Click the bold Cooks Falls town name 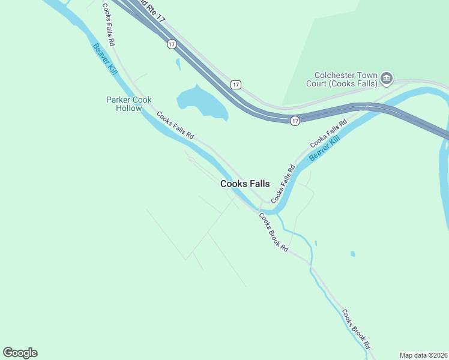(x=245, y=184)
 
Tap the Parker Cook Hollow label (x=129, y=104)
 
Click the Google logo (x=20, y=353)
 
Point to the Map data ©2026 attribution (x=423, y=355)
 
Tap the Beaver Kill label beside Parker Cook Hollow (x=105, y=59)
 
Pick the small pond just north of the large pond (x=178, y=64)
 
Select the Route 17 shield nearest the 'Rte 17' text (x=172, y=44)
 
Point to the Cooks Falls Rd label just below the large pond (x=175, y=125)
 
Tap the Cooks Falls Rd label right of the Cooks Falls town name (x=284, y=183)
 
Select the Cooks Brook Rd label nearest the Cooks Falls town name (x=274, y=232)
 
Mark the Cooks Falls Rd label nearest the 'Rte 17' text (x=108, y=25)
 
